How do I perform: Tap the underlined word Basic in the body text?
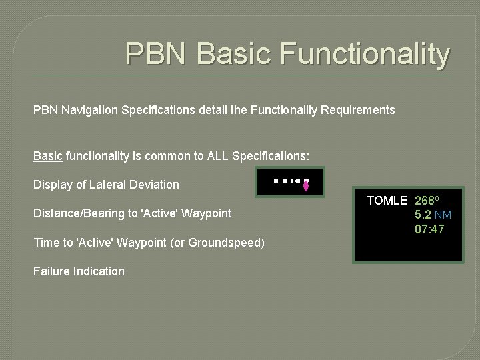tap(48, 156)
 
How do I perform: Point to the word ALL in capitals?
tap(211, 156)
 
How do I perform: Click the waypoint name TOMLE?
tap(387, 201)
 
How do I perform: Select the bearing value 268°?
tap(427, 201)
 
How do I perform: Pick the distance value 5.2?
tap(423, 215)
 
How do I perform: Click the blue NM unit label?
tap(443, 215)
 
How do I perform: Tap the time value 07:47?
tap(429, 230)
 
